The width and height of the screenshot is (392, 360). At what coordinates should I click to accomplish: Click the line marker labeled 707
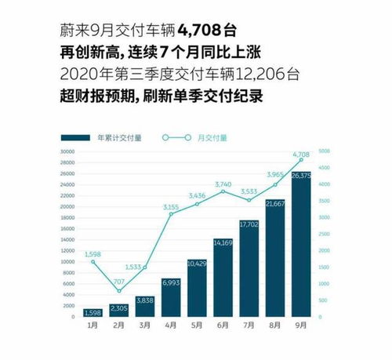point(120,291)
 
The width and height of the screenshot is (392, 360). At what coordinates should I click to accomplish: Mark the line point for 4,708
point(301,160)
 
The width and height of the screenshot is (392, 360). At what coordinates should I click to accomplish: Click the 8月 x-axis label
point(275,325)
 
